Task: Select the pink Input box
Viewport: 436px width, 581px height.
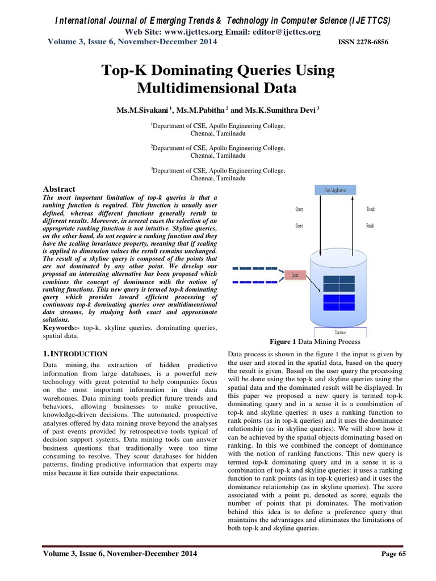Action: click(295, 275)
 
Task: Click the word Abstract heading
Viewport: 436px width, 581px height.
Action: click(60, 189)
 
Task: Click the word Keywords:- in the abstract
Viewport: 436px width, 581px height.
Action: click(62, 328)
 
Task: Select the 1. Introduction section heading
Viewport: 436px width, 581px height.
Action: click(76, 353)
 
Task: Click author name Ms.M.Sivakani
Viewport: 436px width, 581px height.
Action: click(141, 108)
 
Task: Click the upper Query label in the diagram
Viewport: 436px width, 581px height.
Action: click(299, 209)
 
